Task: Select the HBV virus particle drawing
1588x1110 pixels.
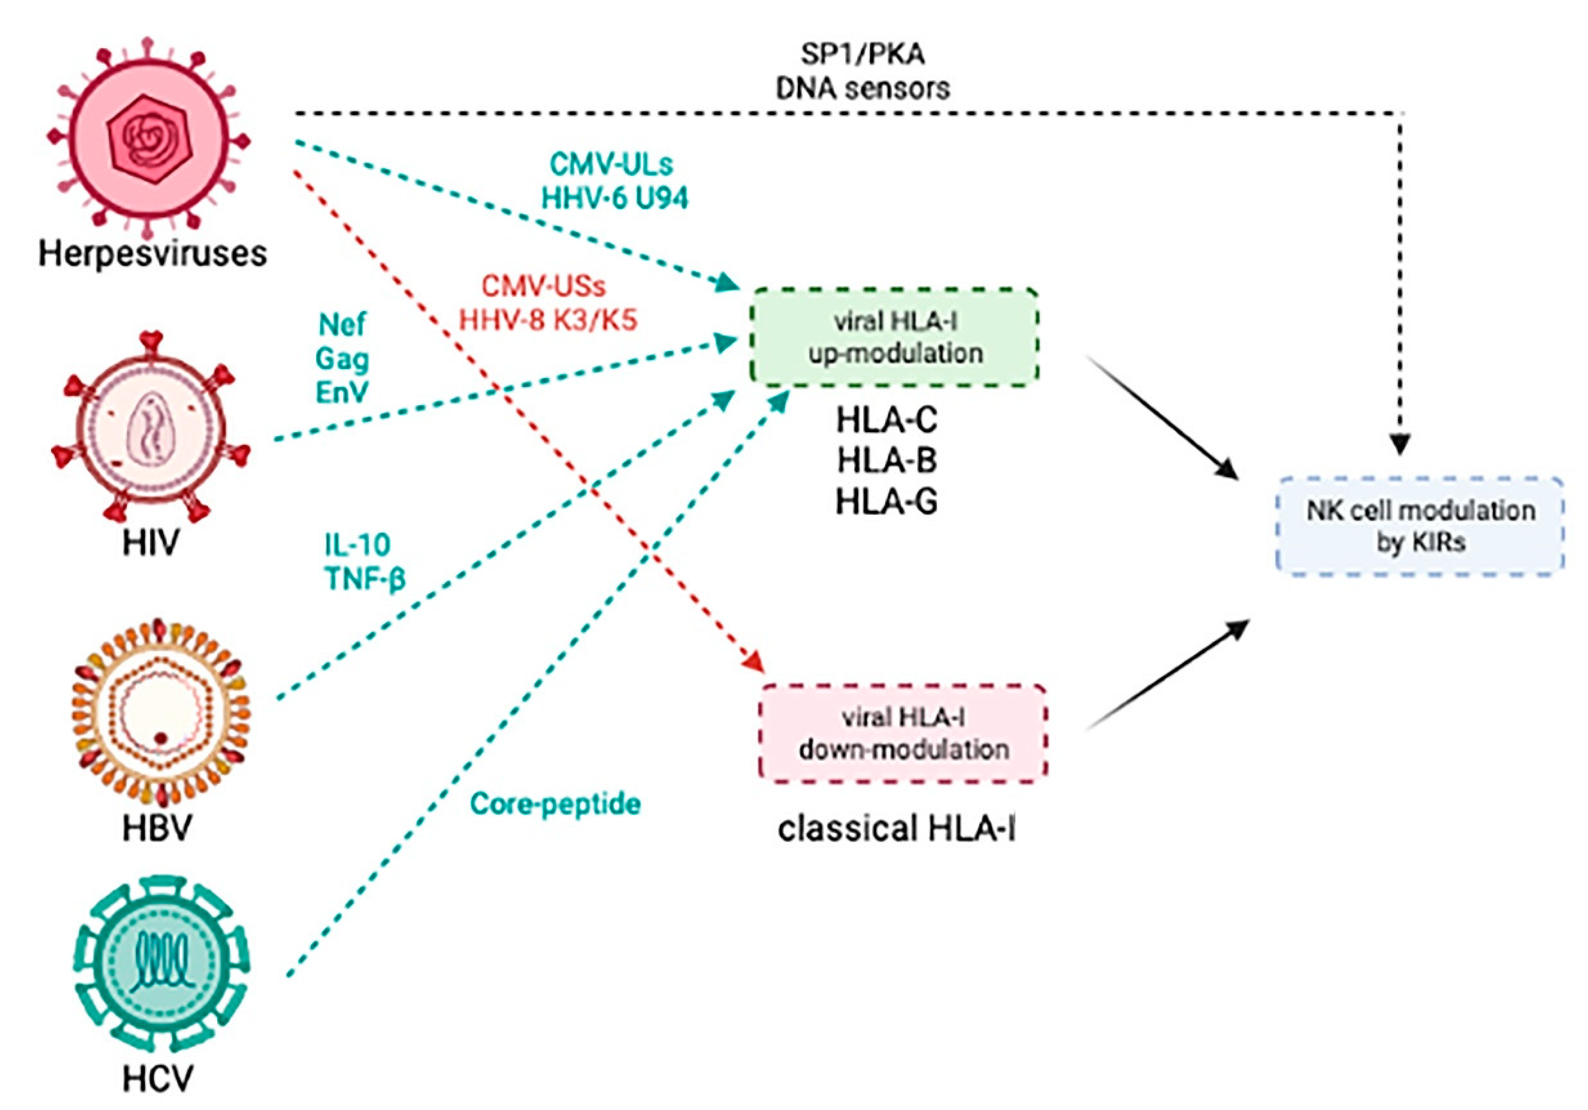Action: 160,712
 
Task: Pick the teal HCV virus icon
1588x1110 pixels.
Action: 161,965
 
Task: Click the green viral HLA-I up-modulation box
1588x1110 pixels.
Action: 894,337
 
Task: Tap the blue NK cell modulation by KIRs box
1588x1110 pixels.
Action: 1420,526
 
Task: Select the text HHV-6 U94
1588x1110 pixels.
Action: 614,199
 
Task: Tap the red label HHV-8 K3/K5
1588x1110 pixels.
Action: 548,320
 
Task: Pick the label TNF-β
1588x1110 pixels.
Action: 364,578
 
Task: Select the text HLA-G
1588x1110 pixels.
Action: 886,501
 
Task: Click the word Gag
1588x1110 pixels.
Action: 342,359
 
